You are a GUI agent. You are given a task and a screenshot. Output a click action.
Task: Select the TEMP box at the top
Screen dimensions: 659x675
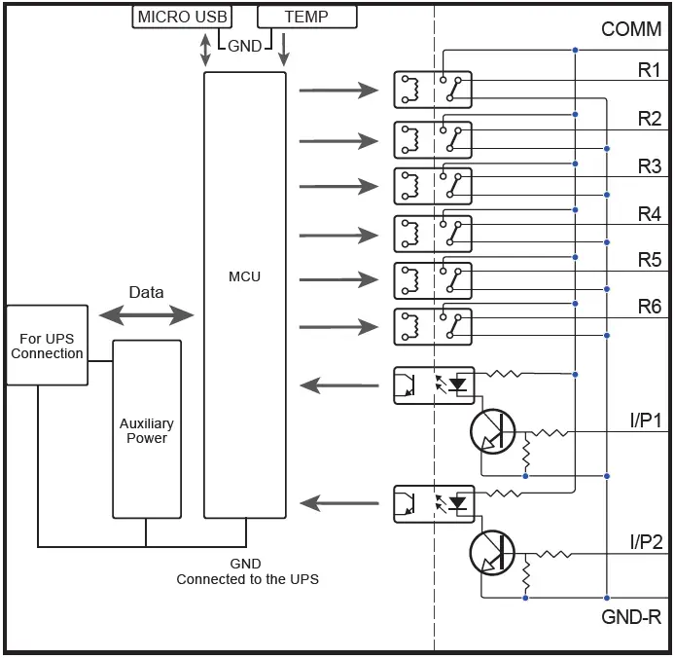click(306, 17)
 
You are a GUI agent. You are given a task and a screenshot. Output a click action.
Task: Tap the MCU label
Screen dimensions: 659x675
click(244, 276)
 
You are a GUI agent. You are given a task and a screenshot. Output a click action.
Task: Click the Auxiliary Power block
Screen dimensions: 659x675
click(147, 429)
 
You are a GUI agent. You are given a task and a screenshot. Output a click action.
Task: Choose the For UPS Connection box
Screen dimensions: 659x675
click(47, 346)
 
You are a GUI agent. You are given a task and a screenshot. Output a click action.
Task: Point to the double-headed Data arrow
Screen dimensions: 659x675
click(146, 313)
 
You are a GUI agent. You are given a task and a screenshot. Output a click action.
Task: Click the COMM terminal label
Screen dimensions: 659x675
click(631, 29)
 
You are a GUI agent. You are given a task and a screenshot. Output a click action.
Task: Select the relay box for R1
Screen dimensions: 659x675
click(433, 90)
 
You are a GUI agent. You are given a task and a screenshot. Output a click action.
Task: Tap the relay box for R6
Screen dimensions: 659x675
click(433, 326)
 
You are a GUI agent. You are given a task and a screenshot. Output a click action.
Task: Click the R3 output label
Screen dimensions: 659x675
click(650, 166)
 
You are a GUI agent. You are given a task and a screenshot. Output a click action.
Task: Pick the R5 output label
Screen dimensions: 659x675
click(650, 260)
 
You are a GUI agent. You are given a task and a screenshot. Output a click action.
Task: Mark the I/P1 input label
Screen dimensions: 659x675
click(646, 421)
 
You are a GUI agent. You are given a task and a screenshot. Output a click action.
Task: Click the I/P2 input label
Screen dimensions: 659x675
click(646, 542)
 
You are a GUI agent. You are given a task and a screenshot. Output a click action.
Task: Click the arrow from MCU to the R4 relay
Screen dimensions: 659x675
click(337, 235)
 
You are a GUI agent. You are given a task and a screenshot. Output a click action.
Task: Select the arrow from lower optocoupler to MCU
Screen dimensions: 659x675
click(338, 502)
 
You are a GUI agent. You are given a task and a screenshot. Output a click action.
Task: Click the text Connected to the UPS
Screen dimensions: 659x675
click(247, 579)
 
